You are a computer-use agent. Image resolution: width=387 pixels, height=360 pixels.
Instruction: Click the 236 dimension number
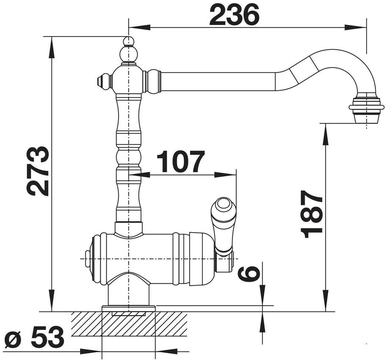point(235,15)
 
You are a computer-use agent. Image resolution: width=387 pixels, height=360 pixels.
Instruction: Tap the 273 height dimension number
point(37,171)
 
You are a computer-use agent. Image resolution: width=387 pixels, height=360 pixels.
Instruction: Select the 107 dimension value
point(181,161)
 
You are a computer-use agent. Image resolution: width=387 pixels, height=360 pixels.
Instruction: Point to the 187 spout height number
point(311,214)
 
